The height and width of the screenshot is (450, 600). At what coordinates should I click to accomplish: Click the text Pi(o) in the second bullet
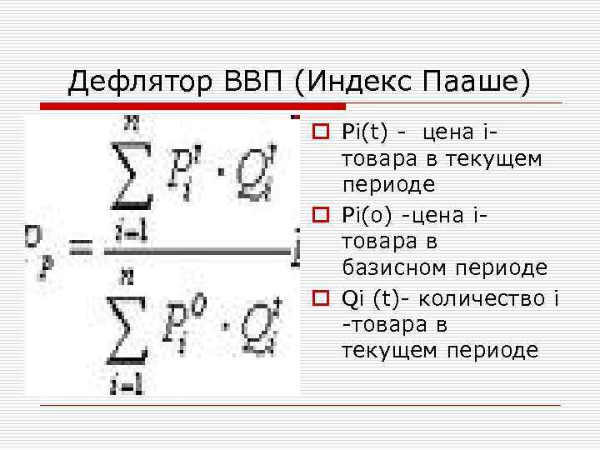tap(369, 214)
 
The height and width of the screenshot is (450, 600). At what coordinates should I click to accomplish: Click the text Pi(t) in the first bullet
tap(367, 131)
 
